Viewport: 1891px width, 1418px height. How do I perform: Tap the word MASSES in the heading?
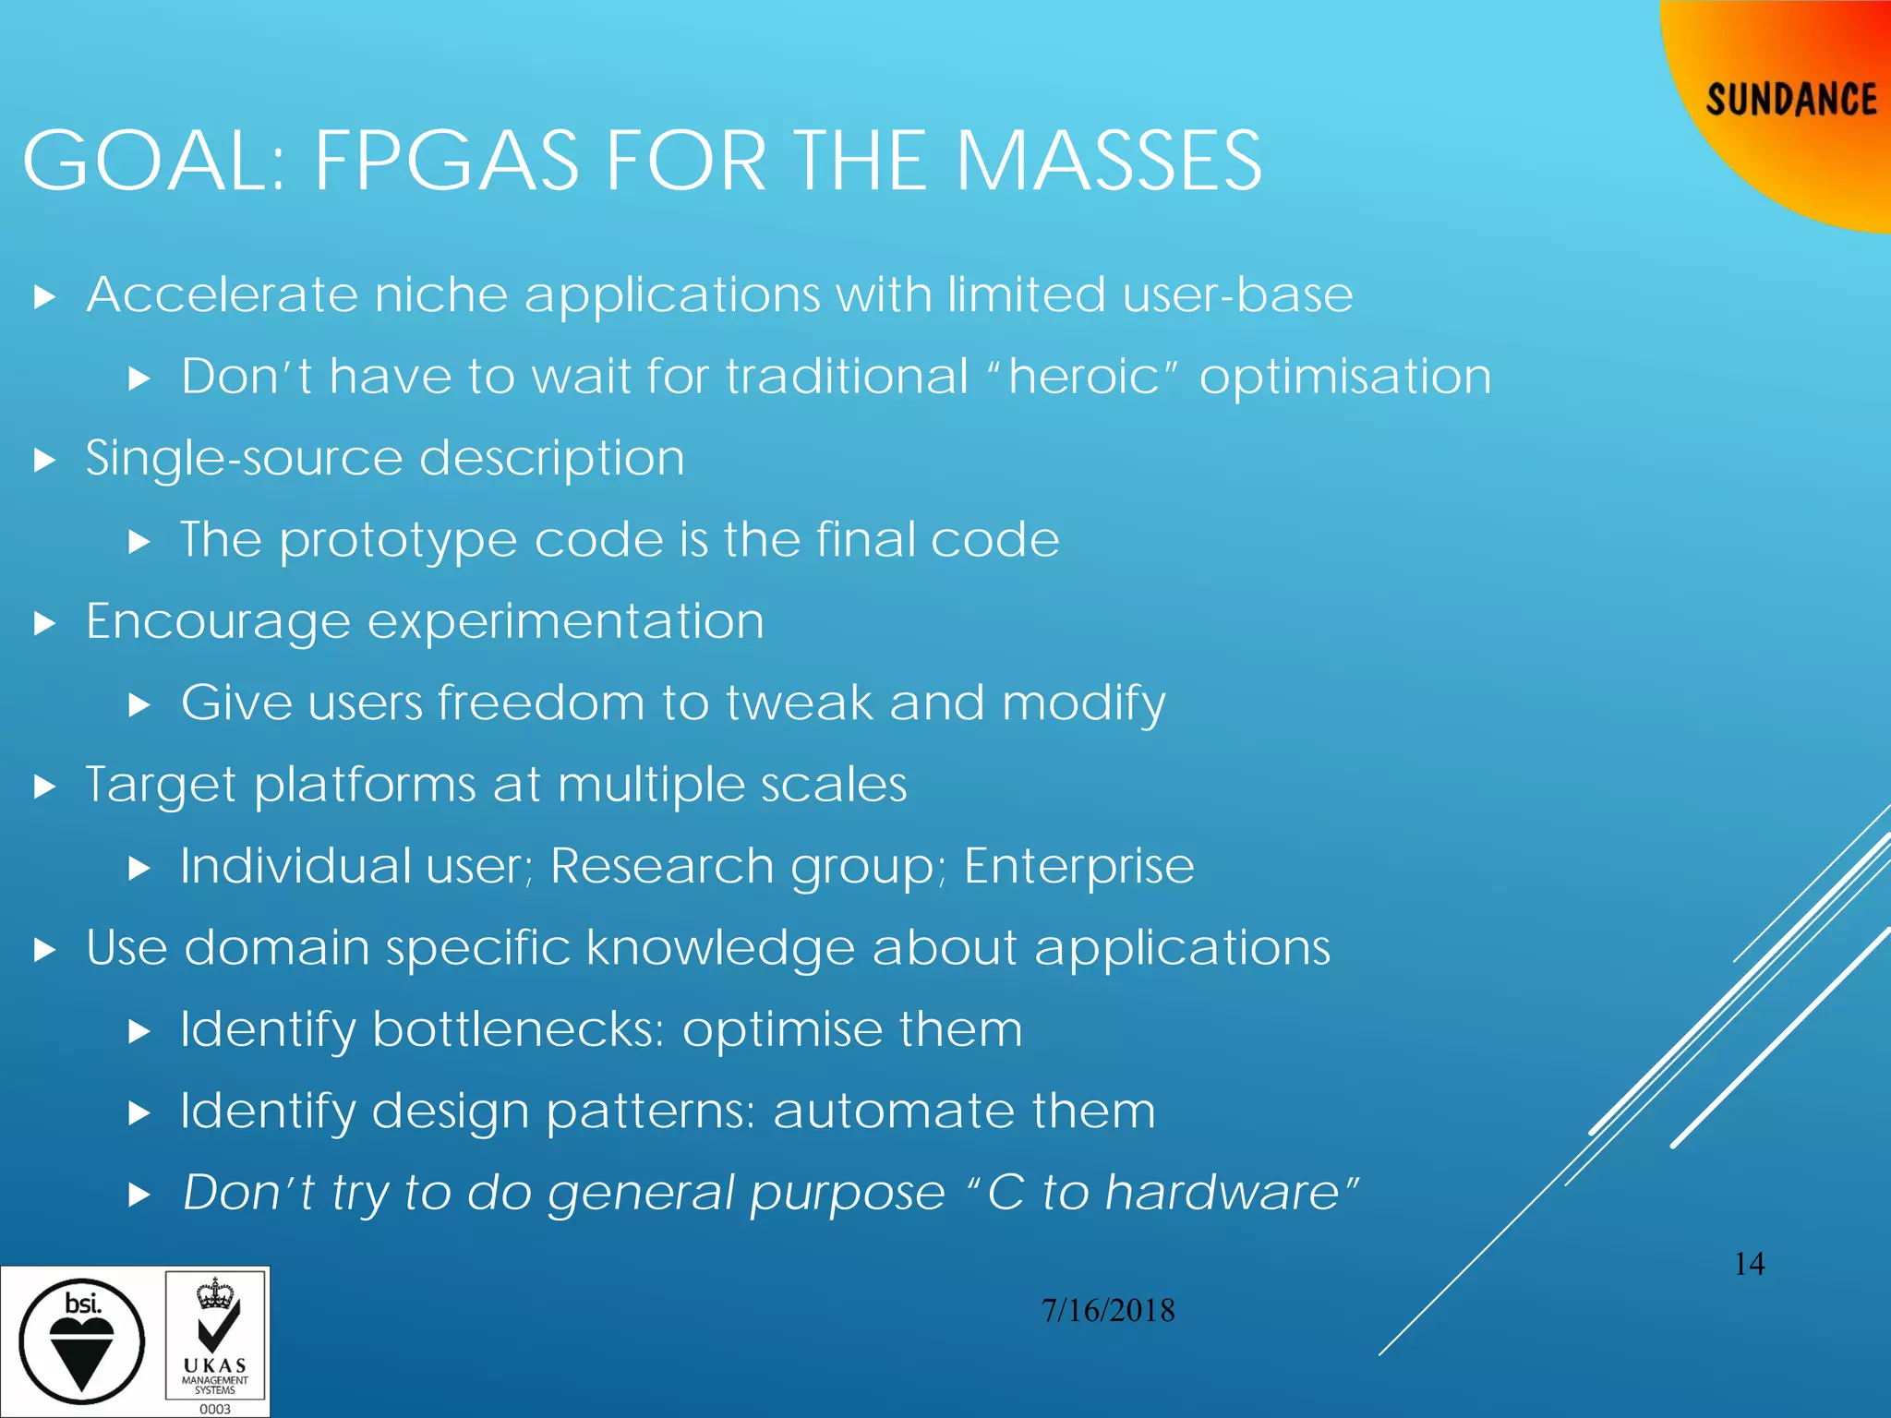click(x=1108, y=162)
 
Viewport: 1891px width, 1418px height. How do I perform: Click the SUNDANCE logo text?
click(x=1790, y=100)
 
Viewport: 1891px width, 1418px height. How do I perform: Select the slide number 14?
click(x=1749, y=1264)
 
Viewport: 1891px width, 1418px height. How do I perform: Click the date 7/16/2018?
click(x=1108, y=1311)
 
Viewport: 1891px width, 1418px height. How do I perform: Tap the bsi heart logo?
click(x=81, y=1341)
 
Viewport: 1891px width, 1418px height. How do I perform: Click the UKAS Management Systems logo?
click(x=215, y=1341)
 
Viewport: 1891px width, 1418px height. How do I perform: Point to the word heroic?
click(x=1083, y=377)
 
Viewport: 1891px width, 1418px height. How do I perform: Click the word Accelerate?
click(x=222, y=295)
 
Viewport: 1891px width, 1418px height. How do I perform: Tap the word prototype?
click(x=398, y=541)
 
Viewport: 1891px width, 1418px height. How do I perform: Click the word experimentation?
click(x=566, y=622)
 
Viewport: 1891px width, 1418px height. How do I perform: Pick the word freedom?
click(x=541, y=703)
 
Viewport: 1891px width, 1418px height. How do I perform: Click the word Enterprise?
click(x=1078, y=868)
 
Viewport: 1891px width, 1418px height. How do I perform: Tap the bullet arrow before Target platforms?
click(x=44, y=787)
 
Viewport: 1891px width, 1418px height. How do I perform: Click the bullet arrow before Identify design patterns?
click(x=139, y=1112)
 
